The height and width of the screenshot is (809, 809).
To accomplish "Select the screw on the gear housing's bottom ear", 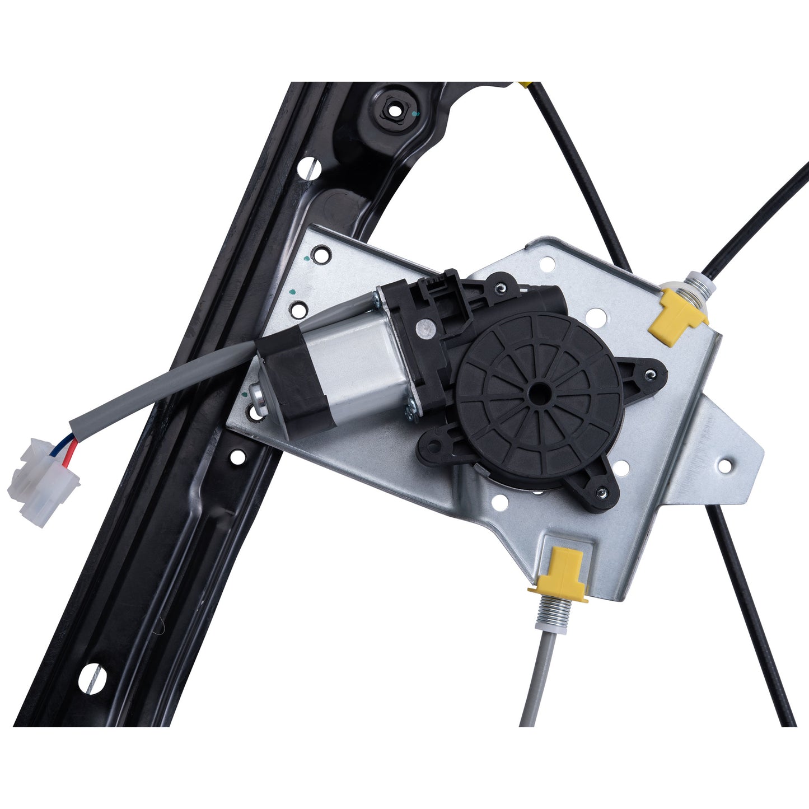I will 601,493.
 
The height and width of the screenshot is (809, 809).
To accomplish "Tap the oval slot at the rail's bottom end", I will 92,678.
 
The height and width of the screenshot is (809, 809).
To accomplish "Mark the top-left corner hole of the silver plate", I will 321,255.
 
